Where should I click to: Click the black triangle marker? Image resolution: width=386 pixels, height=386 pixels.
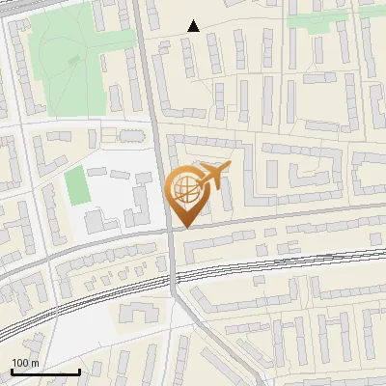coord(194,26)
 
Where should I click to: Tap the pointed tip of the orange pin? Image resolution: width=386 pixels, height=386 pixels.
coord(183,228)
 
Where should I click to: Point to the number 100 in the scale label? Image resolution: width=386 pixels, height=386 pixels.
coord(19,363)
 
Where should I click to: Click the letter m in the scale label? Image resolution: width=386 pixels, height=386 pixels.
coord(35,363)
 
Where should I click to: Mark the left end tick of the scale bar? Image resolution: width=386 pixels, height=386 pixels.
coord(12,372)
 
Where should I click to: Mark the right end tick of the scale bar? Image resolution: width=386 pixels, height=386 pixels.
coord(79,372)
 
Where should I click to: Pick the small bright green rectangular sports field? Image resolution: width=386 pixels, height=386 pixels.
coord(75,186)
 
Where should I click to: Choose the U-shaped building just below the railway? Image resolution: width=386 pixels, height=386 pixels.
coord(139,313)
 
